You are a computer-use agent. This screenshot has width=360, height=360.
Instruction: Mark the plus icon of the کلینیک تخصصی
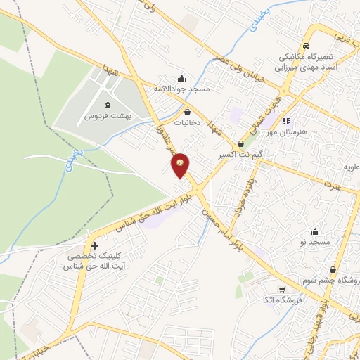point(94,245)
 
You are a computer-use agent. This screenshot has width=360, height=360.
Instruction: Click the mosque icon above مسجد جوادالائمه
point(183,77)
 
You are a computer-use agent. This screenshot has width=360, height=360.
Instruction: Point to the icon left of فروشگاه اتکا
point(281,290)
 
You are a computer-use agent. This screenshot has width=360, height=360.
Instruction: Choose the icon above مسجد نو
point(316,231)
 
